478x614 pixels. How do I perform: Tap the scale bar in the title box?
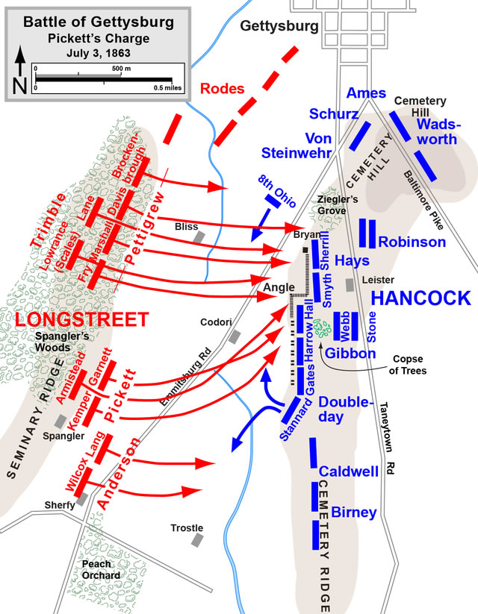coord(104,78)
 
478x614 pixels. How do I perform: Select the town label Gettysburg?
coord(279,27)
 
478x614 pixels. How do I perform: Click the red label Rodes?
coord(223,89)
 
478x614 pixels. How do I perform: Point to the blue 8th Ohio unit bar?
coord(273,201)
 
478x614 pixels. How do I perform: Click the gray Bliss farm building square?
coord(199,237)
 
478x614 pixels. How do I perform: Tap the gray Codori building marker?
coord(235,336)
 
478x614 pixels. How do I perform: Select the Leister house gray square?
coord(350,285)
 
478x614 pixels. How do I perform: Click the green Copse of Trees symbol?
coord(323,328)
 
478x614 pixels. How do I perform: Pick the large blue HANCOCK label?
coord(420,298)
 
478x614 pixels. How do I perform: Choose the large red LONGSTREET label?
coord(82,319)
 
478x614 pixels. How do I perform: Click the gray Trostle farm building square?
coord(197,540)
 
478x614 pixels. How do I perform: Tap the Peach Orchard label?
coord(101,570)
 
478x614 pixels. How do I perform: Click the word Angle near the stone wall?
coord(279,287)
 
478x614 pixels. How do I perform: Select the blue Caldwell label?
coord(349,471)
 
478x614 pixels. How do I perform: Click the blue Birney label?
coord(354,513)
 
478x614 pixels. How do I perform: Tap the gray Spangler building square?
coord(60,422)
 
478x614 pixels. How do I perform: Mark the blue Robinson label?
coord(412,242)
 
